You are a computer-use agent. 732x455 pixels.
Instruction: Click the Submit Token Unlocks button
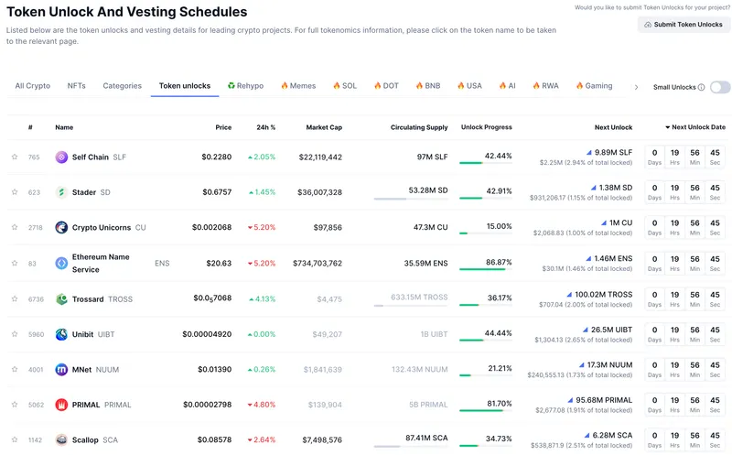[684, 25]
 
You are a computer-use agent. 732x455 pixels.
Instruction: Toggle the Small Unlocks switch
[720, 87]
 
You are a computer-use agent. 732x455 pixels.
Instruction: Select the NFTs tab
[77, 86]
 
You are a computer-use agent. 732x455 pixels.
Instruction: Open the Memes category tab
[298, 86]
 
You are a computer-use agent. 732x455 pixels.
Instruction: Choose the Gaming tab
[594, 86]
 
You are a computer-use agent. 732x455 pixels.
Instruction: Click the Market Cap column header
[324, 127]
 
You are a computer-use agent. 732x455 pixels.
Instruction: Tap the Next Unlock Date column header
[697, 127]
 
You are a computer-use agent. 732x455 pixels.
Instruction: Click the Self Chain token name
[90, 157]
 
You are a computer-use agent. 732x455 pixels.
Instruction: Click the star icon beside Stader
[15, 192]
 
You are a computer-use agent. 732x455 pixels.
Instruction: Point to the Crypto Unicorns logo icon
[61, 227]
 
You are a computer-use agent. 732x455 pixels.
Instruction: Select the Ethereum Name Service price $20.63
[219, 263]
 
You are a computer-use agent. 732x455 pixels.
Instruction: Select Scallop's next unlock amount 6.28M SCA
[612, 435]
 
